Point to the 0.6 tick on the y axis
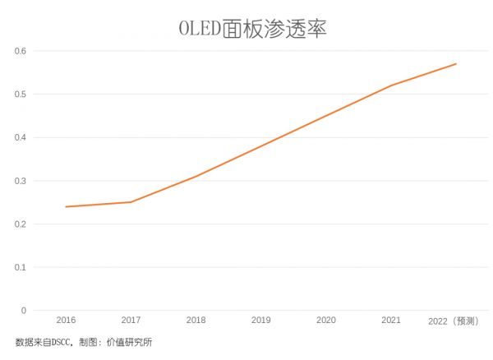(21, 51)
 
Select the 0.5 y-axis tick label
(21, 95)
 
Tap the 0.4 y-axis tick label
(21, 137)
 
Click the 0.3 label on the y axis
(21, 181)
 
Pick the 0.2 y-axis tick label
(21, 224)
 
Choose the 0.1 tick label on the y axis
(21, 267)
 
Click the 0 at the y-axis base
(24, 311)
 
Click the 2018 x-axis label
(196, 320)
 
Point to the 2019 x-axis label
(260, 320)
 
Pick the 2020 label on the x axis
(325, 320)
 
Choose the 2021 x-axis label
(391, 320)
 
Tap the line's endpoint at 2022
(456, 63)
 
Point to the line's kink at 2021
(391, 85)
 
